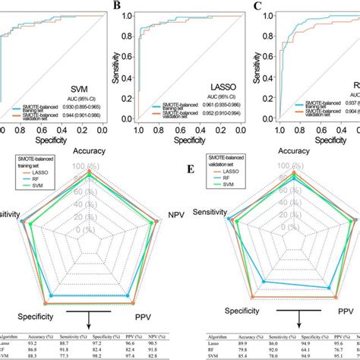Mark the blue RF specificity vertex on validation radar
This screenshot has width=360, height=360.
tap(264, 282)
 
